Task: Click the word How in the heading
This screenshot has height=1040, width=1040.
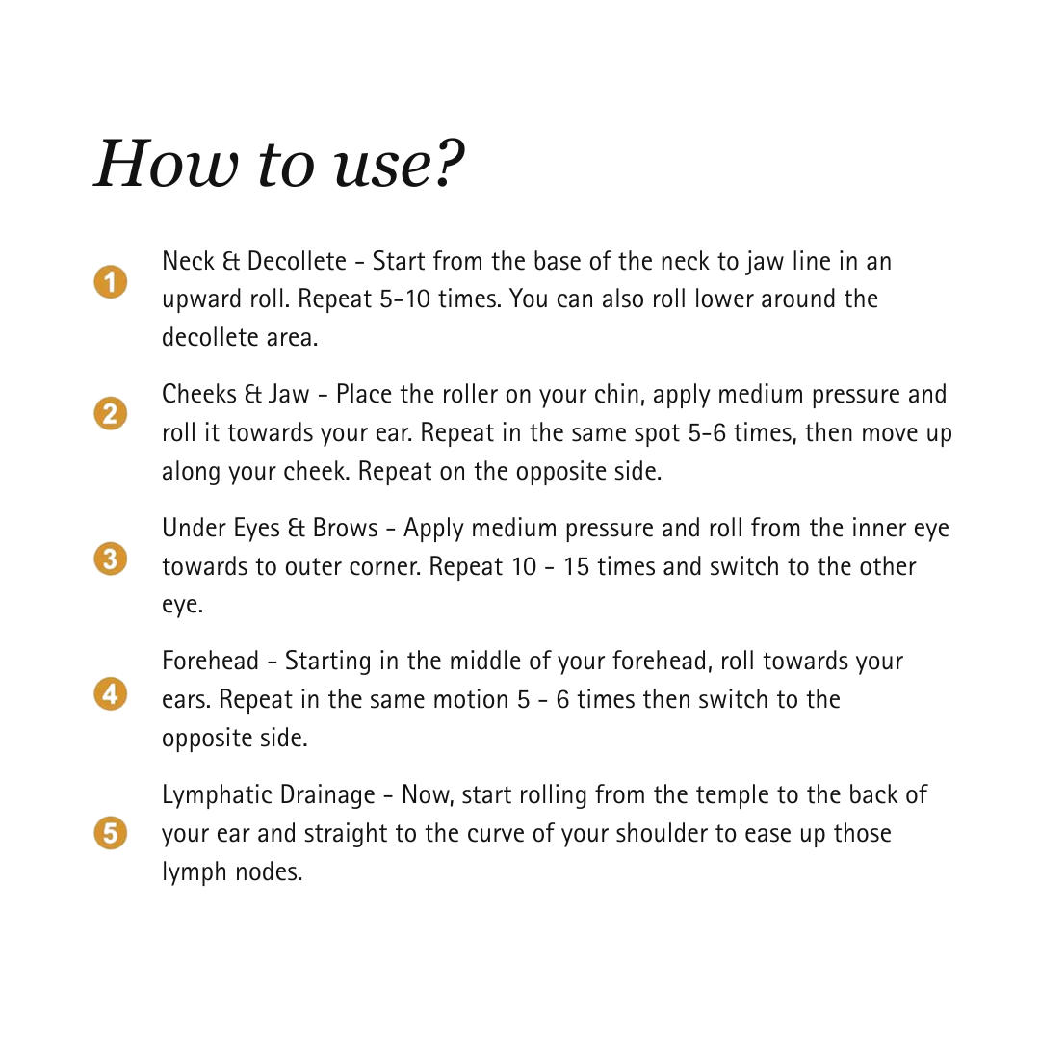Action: pyautogui.click(x=164, y=164)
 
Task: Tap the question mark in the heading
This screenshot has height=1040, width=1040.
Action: pyautogui.click(x=446, y=164)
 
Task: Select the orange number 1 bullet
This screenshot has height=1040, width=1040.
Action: pyautogui.click(x=111, y=282)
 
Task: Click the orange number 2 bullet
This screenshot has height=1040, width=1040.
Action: pyautogui.click(x=111, y=414)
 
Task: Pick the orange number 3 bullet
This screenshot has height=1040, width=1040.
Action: pyautogui.click(x=111, y=559)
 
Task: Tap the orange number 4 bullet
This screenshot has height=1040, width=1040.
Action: pyautogui.click(x=111, y=693)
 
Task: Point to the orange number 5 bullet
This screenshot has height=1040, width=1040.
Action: pyautogui.click(x=111, y=831)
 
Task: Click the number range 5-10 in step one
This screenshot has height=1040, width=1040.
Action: pyautogui.click(x=405, y=299)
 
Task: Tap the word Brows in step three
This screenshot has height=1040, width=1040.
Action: pyautogui.click(x=345, y=529)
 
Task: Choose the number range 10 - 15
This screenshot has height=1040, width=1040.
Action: pyautogui.click(x=550, y=566)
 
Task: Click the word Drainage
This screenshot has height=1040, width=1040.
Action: pyautogui.click(x=327, y=795)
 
